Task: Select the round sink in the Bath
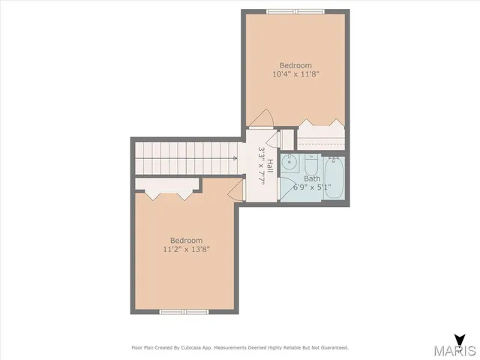coord(290,162)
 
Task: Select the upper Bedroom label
coord(295,65)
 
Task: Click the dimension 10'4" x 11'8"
coord(295,74)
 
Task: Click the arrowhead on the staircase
coord(235,158)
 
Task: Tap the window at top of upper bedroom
coord(295,11)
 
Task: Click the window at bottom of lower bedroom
coord(184,310)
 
